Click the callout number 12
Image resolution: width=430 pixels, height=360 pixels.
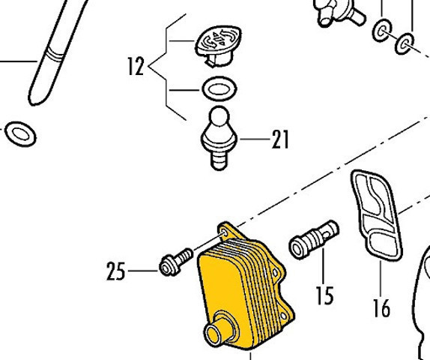click(x=136, y=66)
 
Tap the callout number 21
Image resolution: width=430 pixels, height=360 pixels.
click(x=280, y=139)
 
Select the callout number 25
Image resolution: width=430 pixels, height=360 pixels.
click(x=116, y=271)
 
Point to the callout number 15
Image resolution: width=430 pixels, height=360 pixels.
click(x=325, y=295)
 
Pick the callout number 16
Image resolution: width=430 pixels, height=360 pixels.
click(x=382, y=307)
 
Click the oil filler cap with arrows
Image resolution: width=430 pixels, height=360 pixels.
click(x=219, y=46)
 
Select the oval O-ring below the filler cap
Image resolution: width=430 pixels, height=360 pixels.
click(x=219, y=88)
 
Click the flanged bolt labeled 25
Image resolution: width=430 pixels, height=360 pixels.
click(x=176, y=262)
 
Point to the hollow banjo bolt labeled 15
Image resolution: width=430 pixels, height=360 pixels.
click(x=314, y=240)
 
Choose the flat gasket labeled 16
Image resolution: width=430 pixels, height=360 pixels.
click(x=376, y=215)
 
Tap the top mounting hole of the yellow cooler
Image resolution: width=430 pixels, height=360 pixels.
click(x=225, y=233)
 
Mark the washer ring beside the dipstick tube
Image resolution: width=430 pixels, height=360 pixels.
click(x=20, y=134)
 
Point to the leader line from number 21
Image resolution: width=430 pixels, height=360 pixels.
click(x=255, y=139)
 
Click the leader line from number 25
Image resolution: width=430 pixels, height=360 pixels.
click(x=143, y=271)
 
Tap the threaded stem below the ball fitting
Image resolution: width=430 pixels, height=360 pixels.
click(x=219, y=160)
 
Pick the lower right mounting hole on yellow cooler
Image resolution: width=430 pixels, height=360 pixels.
click(x=284, y=316)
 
